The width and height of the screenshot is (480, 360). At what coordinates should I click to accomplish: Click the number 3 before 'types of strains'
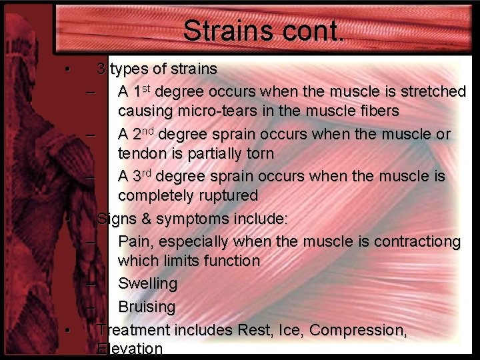[101, 68]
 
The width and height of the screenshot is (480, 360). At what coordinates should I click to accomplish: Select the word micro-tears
[217, 111]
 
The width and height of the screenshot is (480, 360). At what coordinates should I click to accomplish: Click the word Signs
[116, 218]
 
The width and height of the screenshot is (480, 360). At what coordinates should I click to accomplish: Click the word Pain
[135, 239]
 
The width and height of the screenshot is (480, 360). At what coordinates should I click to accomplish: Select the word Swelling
[147, 283]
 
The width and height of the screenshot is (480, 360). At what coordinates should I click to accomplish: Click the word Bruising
[147, 307]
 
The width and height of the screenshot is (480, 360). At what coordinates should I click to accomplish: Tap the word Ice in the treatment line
[289, 329]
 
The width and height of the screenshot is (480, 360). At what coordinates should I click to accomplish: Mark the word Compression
[358, 329]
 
